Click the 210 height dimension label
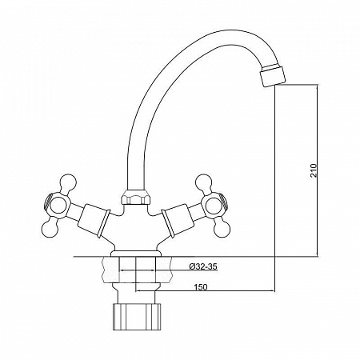[314, 171]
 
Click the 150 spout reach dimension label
[201, 287]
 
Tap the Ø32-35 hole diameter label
[203, 266]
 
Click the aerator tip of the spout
[273, 75]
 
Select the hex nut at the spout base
[135, 197]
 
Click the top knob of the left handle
[68, 182]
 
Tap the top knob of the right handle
[204, 182]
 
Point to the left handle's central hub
[59, 206]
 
